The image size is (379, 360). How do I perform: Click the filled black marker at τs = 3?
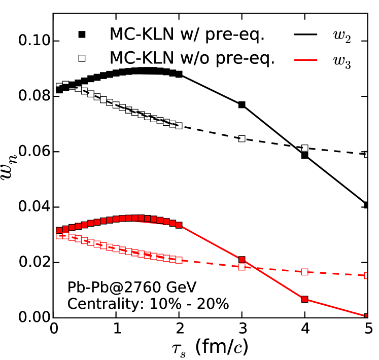pyautogui.click(x=242, y=104)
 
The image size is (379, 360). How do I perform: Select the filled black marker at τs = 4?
pyautogui.click(x=305, y=155)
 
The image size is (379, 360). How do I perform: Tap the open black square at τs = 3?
pyautogui.click(x=242, y=138)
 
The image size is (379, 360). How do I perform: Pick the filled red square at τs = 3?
pyautogui.click(x=242, y=260)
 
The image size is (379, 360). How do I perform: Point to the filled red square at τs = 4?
pyautogui.click(x=305, y=299)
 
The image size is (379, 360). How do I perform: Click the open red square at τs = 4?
pyautogui.click(x=305, y=272)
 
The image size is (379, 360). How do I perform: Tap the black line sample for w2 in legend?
pyautogui.click(x=309, y=35)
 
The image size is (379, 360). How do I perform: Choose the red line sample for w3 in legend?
pyautogui.click(x=309, y=59)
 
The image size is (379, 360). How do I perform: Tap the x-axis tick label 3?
pyautogui.click(x=242, y=328)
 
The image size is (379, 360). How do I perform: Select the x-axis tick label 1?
pyautogui.click(x=116, y=328)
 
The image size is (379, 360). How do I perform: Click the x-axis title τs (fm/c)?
pyautogui.click(x=210, y=347)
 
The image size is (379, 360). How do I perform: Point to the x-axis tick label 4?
pyautogui.click(x=305, y=328)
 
